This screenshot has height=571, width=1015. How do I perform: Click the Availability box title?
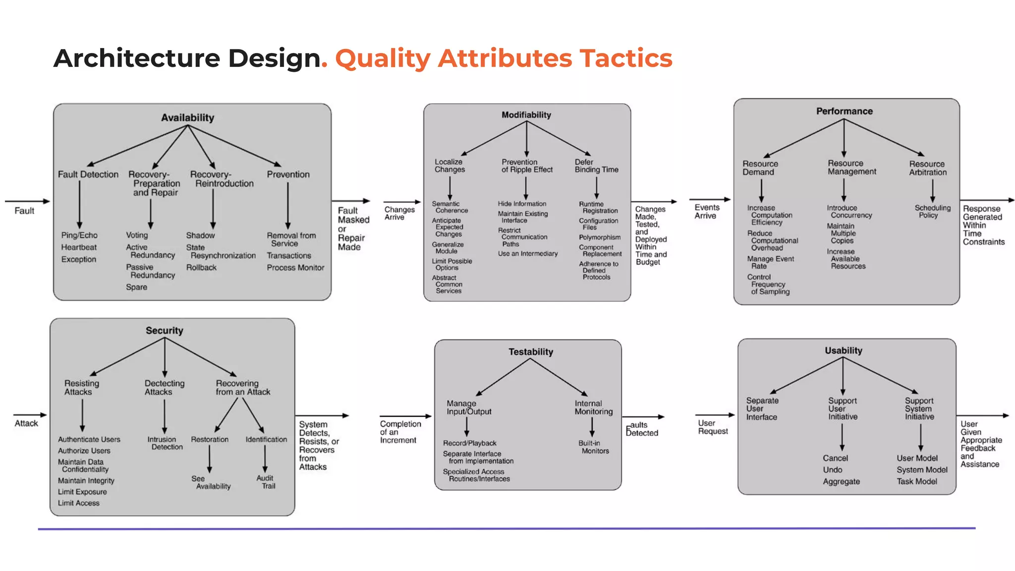(x=187, y=118)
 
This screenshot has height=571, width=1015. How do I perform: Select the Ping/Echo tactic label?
(x=79, y=235)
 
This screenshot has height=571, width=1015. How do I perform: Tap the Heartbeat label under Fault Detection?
(x=79, y=247)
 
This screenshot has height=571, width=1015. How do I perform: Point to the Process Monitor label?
(x=295, y=268)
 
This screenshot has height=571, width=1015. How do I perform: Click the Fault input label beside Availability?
(x=24, y=211)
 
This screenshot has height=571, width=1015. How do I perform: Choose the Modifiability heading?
(x=526, y=115)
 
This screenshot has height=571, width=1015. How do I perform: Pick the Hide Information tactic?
(x=522, y=204)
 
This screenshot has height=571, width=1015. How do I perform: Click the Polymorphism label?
(x=600, y=237)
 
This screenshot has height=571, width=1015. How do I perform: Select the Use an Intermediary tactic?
(x=528, y=254)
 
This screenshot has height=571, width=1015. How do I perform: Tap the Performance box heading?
(x=844, y=112)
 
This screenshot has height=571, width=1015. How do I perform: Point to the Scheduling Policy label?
(x=932, y=212)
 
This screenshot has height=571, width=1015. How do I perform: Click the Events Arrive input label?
(x=706, y=212)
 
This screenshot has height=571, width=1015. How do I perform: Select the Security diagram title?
(x=164, y=331)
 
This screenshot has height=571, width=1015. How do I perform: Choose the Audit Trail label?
(x=266, y=482)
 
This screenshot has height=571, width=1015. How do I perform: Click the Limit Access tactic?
(x=78, y=503)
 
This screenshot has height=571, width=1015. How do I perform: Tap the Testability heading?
(x=530, y=352)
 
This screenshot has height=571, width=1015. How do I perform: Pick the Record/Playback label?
(x=469, y=443)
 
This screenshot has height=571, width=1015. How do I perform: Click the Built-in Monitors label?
(x=593, y=447)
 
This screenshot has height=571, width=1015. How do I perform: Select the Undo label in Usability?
(x=833, y=470)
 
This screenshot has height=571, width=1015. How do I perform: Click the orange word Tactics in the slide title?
(x=626, y=58)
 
